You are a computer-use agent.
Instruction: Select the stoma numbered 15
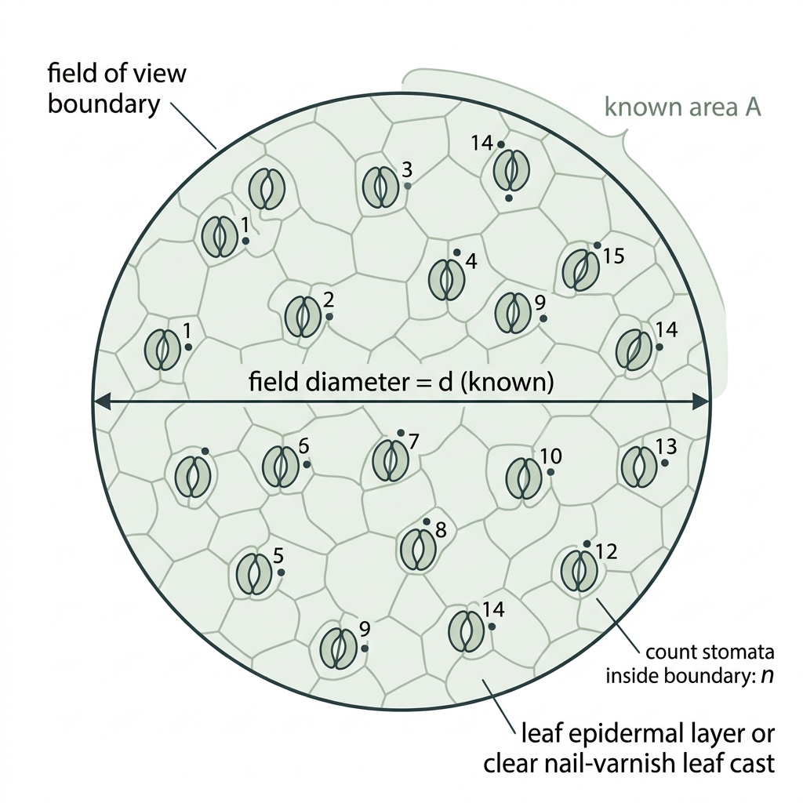580,270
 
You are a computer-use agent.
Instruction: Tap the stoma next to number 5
254,574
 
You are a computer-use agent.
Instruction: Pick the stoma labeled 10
524,478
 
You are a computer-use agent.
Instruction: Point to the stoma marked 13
640,467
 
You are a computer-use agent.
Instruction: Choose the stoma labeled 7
391,460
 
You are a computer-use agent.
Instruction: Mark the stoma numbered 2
303,317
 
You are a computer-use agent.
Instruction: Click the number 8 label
441,530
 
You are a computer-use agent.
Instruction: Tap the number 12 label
607,551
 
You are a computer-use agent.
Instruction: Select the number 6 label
303,446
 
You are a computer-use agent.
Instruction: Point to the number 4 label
471,261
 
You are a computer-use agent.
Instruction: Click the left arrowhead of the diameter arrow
101,402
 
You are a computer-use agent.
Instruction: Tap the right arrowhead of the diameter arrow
700,402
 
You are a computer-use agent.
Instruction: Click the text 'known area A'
683,107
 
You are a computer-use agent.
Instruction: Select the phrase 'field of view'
117,73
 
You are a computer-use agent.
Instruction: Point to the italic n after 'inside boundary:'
767,675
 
